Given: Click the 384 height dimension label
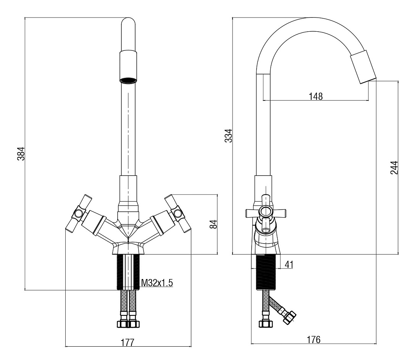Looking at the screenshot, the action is point(21,153).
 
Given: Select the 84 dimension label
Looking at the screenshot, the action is point(213,224).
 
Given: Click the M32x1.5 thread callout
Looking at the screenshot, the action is point(157,283).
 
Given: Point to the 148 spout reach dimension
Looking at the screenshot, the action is point(316,96).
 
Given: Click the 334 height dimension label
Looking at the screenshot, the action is point(228,136).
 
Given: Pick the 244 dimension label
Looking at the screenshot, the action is point(394,168).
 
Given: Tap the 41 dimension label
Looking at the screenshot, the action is point(289,265).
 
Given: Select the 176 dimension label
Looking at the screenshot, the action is point(313,340).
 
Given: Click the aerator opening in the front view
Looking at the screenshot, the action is point(128,80).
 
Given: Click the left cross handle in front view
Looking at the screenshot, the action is point(79,213).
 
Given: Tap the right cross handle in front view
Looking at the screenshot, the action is point(178,213).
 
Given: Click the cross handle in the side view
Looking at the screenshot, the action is point(266,213).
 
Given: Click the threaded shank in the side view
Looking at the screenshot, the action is point(266,272).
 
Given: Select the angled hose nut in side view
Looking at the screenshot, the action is point(289,317).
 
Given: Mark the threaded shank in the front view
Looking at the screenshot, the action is point(128,272).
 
